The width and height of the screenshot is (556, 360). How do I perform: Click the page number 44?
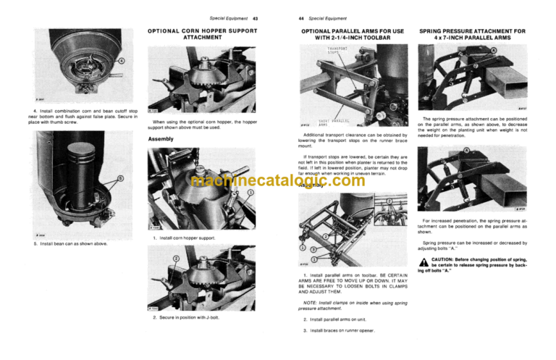[292, 17]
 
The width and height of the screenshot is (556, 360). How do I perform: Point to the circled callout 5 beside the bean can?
[121, 180]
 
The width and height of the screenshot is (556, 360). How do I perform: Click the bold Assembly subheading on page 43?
[161, 138]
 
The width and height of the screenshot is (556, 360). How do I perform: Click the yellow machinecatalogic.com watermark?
[277, 181]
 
